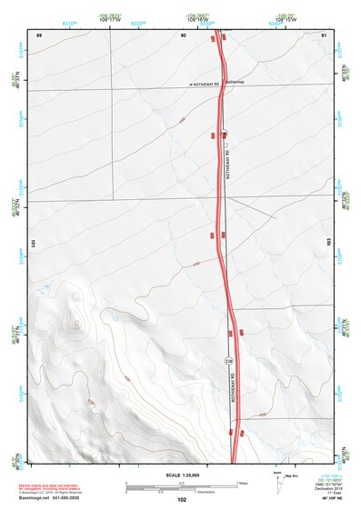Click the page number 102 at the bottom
[x=182, y=500]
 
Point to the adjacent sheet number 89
[x=39, y=35]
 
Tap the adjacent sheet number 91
[x=324, y=35]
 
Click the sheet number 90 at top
[x=183, y=35]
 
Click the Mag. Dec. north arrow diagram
[x=278, y=482]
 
